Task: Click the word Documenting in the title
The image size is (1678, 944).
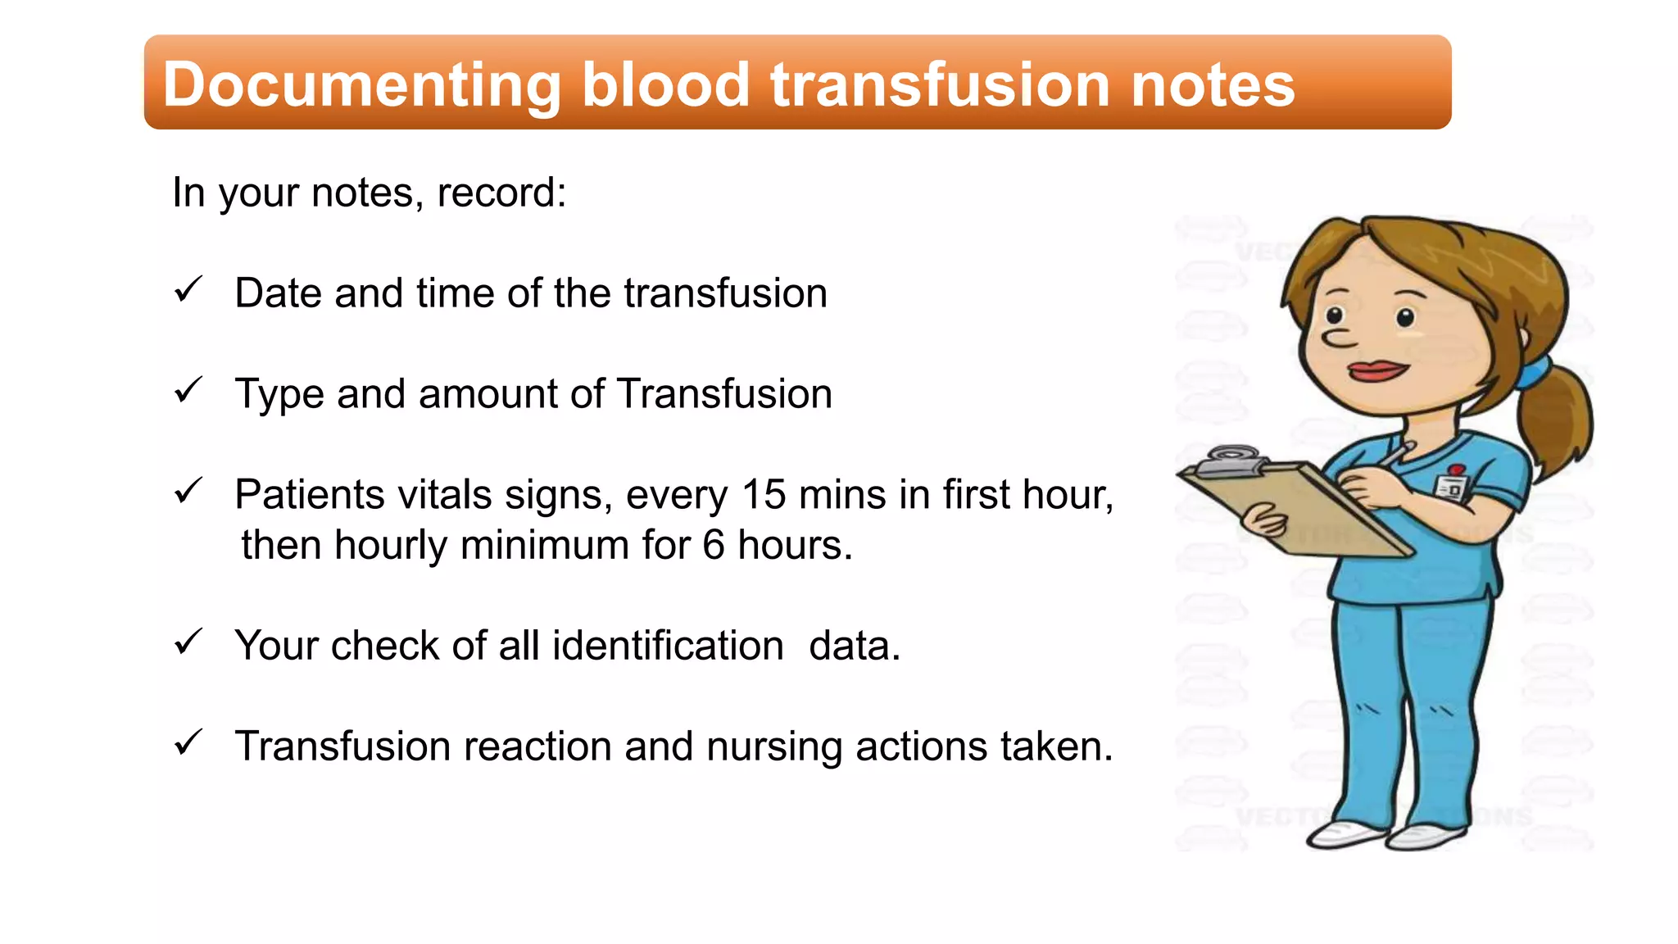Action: click(361, 85)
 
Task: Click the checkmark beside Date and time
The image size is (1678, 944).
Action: click(188, 290)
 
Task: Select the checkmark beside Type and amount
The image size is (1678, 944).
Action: click(188, 391)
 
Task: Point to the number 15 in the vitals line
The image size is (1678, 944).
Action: click(763, 495)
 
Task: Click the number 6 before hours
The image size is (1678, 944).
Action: click(714, 546)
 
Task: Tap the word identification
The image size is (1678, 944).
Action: click(668, 646)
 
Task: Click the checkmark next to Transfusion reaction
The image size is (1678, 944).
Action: click(188, 743)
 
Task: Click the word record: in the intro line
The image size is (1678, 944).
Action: click(501, 193)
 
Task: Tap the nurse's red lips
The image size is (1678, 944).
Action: click(1378, 370)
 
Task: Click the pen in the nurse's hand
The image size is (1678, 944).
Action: click(1395, 455)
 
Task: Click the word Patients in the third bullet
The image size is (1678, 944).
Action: click(310, 495)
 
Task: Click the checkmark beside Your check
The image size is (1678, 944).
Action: click(188, 642)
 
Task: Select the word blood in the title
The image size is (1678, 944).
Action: click(665, 85)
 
